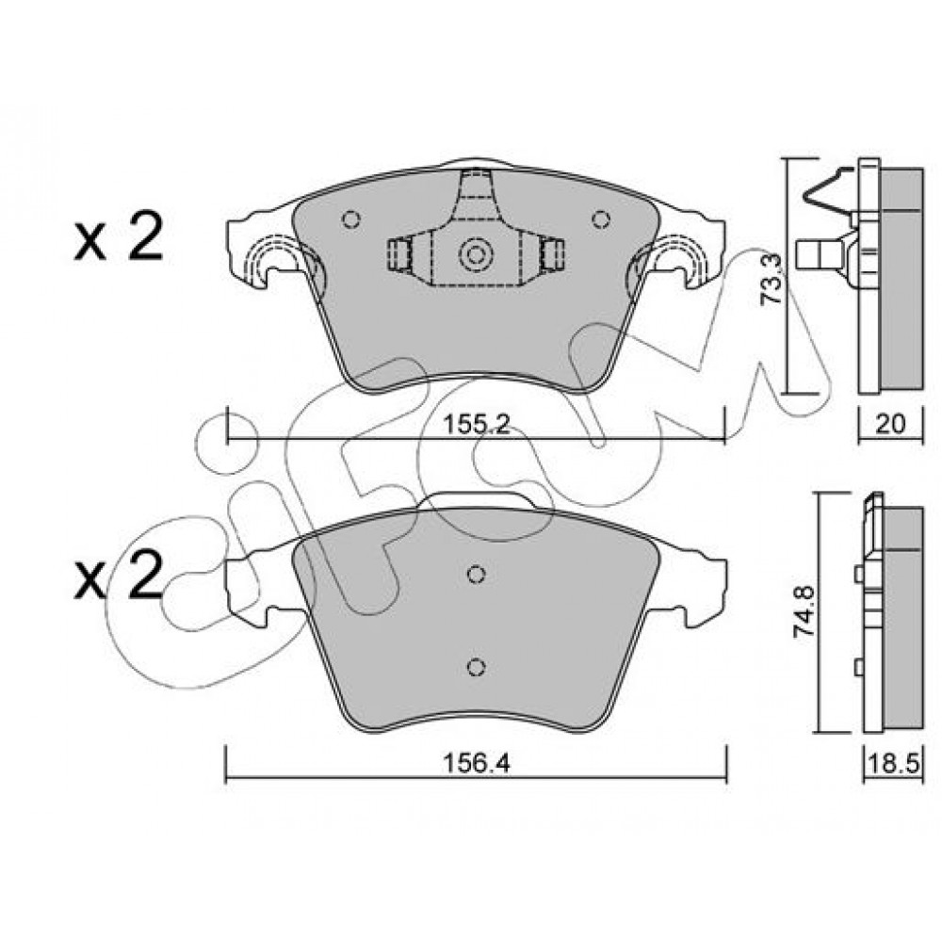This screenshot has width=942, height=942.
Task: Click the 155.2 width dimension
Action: [476, 425]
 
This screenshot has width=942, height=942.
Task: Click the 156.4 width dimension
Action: [476, 764]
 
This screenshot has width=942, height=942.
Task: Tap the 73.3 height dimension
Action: [773, 280]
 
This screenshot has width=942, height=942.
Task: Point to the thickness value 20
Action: [890, 425]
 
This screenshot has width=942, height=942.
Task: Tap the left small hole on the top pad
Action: [350, 219]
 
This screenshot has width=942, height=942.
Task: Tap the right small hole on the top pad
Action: [601, 219]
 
